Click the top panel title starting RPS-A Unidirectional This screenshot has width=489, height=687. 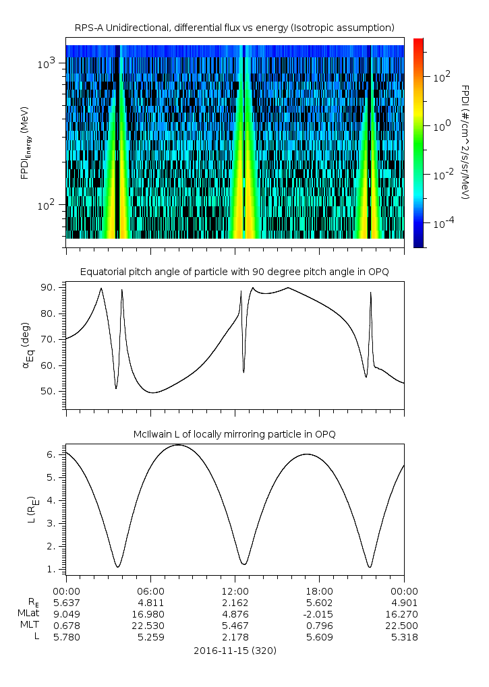pyautogui.click(x=235, y=27)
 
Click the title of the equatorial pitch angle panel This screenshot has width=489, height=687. pyautogui.click(x=235, y=272)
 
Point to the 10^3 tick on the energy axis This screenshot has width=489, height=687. pyautogui.click(x=50, y=63)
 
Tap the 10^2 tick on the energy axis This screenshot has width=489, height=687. pyautogui.click(x=50, y=205)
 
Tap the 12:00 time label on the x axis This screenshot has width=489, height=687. pyautogui.click(x=235, y=591)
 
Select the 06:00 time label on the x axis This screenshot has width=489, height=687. pyautogui.click(x=150, y=591)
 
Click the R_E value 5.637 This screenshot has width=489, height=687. pyautogui.click(x=66, y=602)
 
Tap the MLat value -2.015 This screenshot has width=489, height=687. pyautogui.click(x=319, y=614)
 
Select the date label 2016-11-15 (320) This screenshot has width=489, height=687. pyautogui.click(x=235, y=651)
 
